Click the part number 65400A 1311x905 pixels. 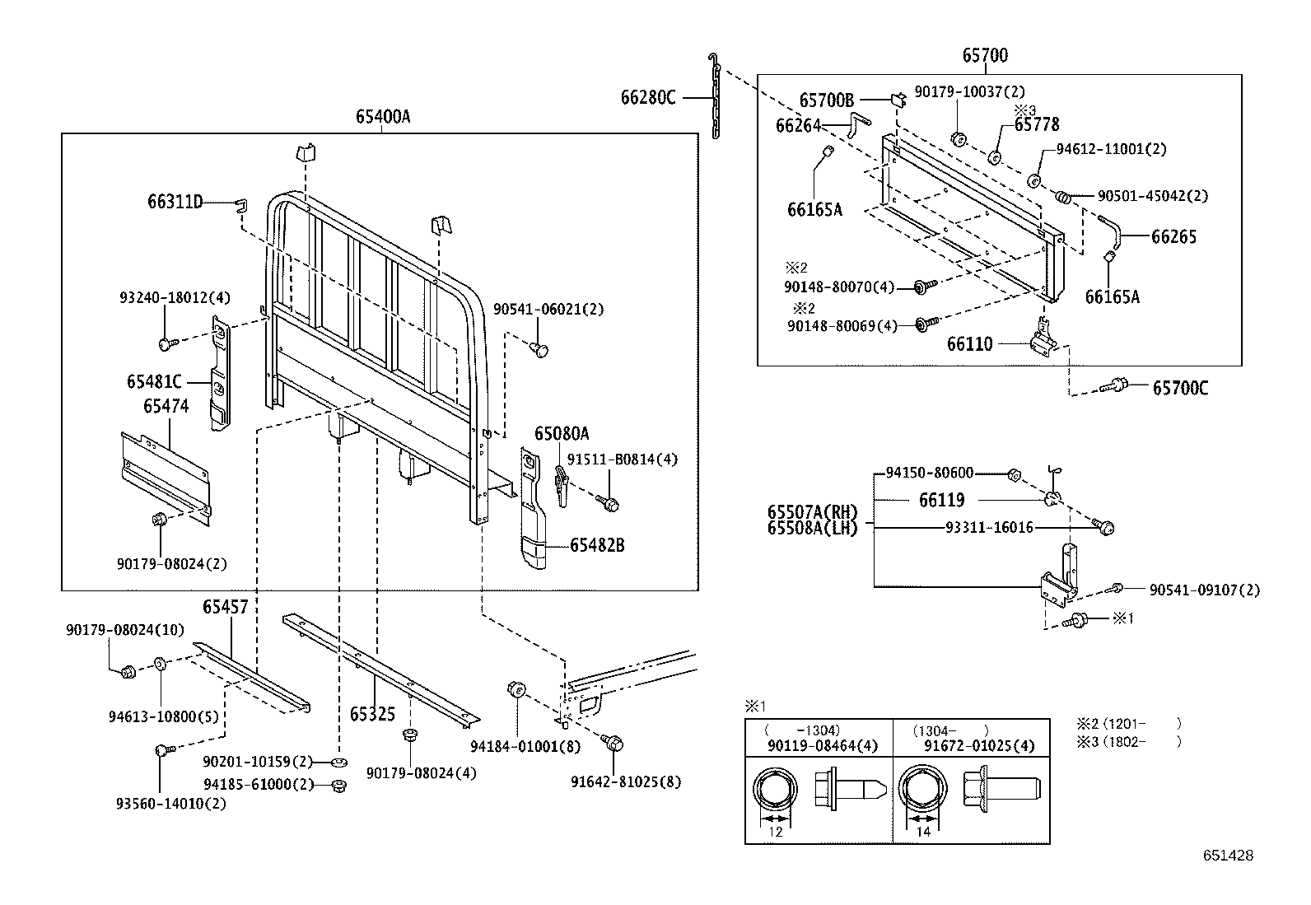coord(383,117)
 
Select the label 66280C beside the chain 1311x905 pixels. coord(648,98)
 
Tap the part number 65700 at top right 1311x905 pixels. coord(985,56)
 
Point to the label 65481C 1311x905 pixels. coord(154,382)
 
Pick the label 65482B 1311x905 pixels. coord(596,545)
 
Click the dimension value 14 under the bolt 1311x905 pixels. coord(923,832)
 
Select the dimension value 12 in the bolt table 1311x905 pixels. coord(775,832)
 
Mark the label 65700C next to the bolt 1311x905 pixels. coord(1180,388)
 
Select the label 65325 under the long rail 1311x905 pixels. coord(372,714)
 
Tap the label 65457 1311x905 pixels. coord(226,608)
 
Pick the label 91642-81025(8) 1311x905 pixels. coord(626,782)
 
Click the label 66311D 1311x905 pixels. coord(175,202)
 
